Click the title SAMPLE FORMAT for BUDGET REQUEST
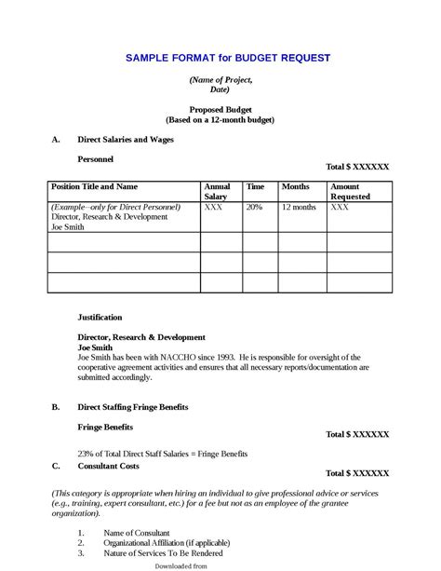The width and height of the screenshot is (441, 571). (228, 58)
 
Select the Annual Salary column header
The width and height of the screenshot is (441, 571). (217, 192)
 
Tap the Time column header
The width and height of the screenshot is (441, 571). (256, 187)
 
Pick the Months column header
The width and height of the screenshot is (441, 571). (295, 187)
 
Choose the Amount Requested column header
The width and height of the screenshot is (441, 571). (350, 192)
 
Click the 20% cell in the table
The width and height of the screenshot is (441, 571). (254, 207)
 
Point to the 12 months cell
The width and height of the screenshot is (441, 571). (299, 207)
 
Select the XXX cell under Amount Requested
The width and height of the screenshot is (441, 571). (341, 207)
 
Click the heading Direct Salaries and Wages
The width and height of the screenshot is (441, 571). (125, 139)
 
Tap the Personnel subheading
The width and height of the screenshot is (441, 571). (95, 159)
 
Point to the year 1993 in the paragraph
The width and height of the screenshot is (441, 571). (223, 357)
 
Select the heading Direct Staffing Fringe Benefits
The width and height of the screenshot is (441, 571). (133, 407)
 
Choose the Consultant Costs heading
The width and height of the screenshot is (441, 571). (108, 465)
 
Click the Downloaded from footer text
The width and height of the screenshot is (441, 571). (180, 565)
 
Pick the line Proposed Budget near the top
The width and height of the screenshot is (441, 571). (220, 110)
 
